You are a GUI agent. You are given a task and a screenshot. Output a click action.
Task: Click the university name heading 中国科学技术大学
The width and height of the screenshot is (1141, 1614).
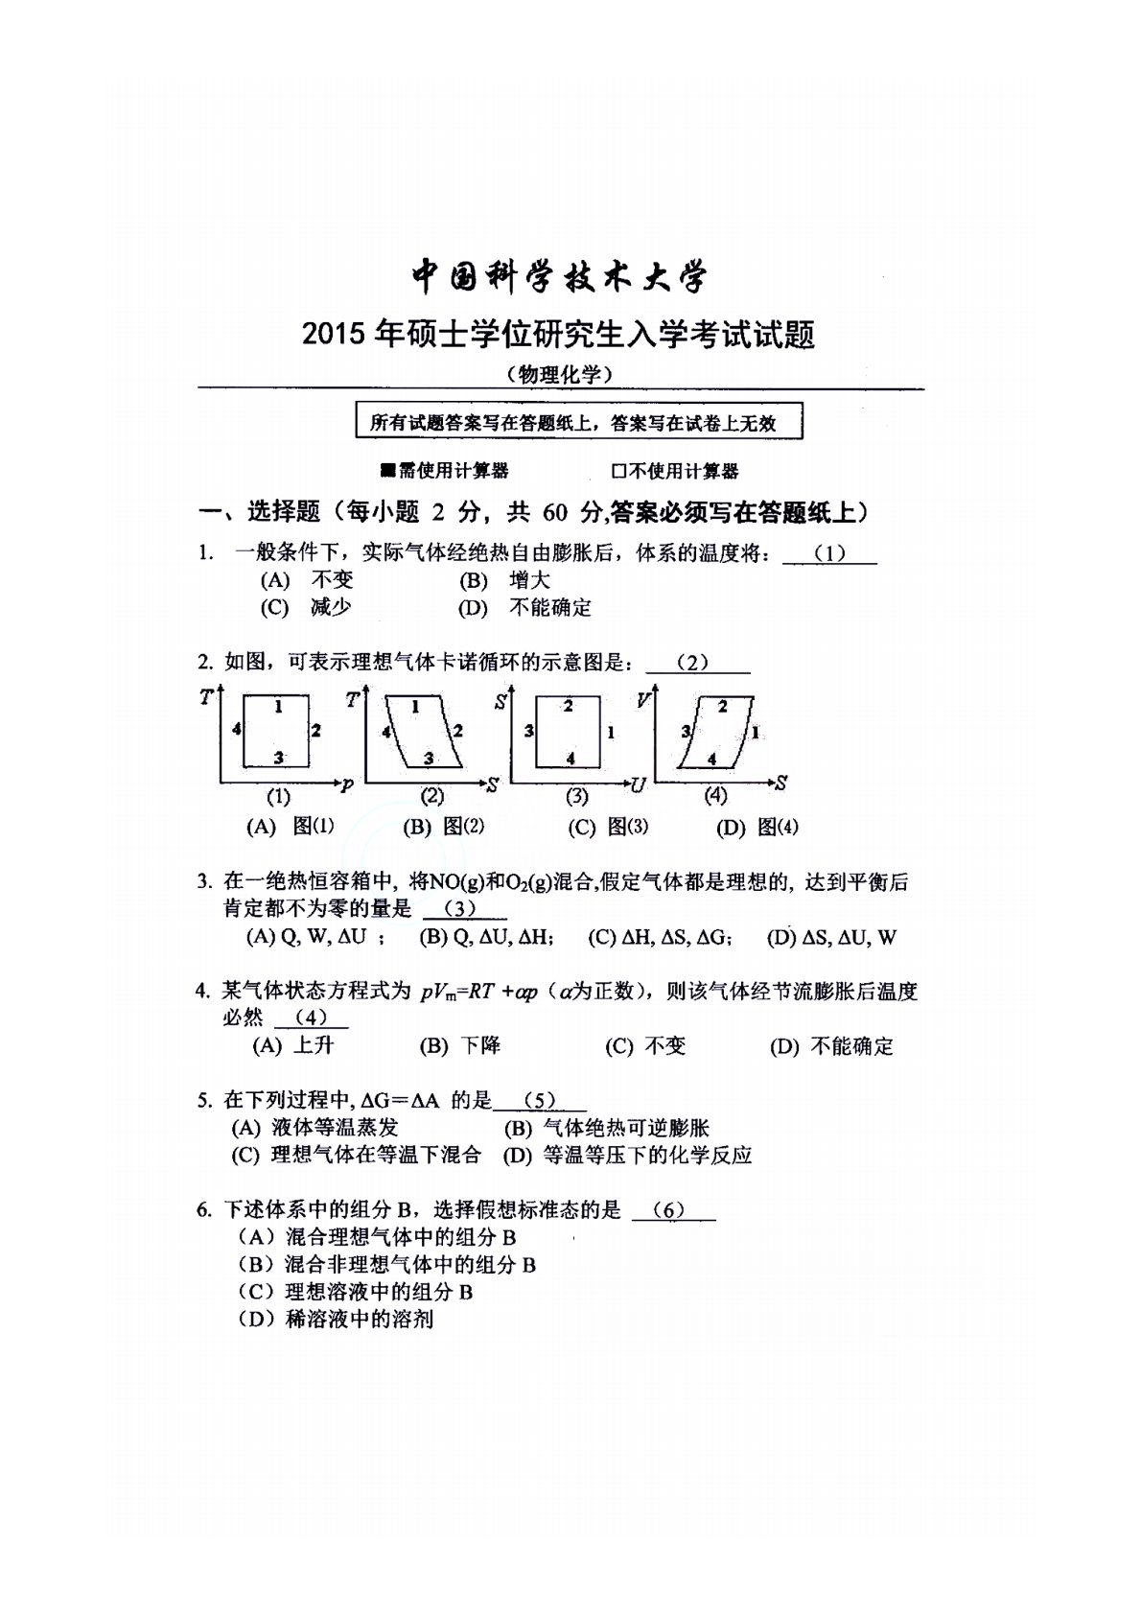[x=560, y=278]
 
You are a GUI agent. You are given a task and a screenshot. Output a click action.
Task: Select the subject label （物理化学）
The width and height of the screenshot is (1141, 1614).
[x=560, y=375]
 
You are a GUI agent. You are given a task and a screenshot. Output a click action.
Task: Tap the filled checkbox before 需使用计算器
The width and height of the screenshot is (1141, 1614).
[x=387, y=471]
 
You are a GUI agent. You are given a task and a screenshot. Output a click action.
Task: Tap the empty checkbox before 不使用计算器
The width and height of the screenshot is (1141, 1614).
[x=618, y=471]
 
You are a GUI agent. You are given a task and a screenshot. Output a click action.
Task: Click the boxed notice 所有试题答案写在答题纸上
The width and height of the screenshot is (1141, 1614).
[x=578, y=422]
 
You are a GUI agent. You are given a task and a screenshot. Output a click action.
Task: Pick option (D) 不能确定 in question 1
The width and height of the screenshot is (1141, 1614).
[x=524, y=608]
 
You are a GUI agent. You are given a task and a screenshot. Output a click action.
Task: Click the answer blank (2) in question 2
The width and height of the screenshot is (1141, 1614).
[x=697, y=663]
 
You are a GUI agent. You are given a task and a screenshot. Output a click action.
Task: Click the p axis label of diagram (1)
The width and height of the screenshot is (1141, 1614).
[x=347, y=785]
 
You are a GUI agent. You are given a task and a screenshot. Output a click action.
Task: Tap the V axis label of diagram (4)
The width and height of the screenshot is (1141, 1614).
[x=643, y=700]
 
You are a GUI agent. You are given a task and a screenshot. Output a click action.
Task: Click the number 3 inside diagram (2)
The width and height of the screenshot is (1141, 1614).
[x=429, y=758]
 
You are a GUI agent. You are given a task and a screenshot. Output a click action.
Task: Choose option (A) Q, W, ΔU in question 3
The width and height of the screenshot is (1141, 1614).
[x=310, y=938]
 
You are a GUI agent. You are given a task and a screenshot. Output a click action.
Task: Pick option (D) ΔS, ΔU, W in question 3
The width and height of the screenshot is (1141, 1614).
[x=831, y=938]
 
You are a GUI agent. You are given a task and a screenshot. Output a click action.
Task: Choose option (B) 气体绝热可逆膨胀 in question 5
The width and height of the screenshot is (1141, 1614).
[x=606, y=1129]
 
